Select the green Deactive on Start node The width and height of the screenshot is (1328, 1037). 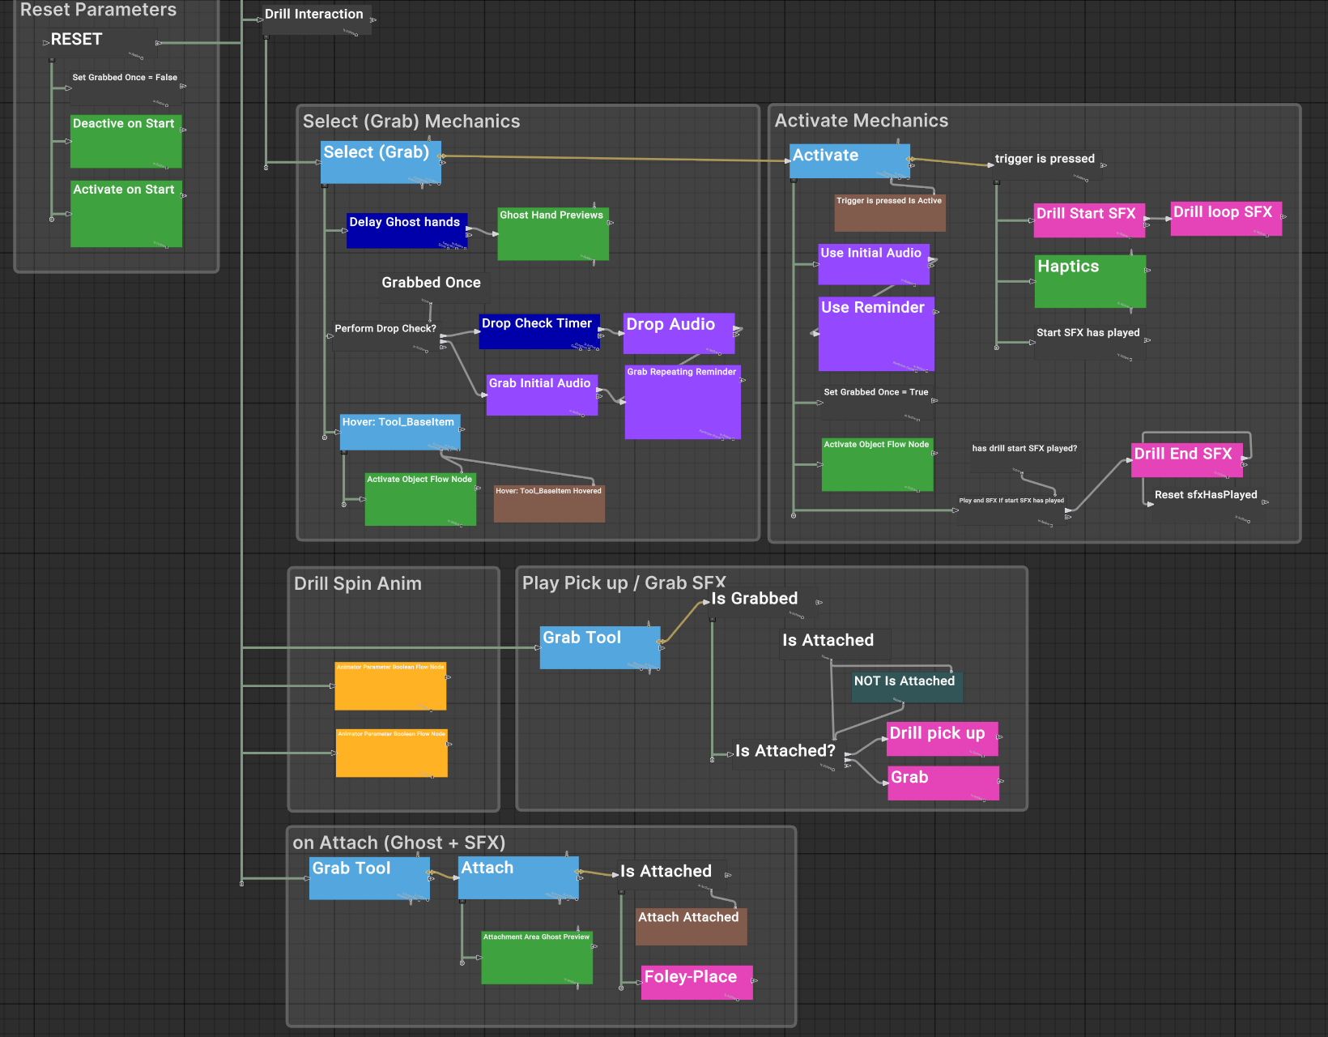pyautogui.click(x=126, y=142)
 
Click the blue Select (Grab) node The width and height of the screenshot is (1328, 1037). pyautogui.click(x=380, y=162)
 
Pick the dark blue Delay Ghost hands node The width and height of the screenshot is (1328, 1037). pyautogui.click(x=406, y=231)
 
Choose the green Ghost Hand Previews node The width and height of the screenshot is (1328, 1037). pyautogui.click(x=552, y=235)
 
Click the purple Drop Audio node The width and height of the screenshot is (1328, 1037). pyautogui.click(x=679, y=333)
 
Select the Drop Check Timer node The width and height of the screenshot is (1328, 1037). pyautogui.click(x=538, y=331)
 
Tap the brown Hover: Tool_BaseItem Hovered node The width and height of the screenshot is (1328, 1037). pyautogui.click(x=549, y=503)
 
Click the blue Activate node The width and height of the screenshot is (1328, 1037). pyautogui.click(x=849, y=160)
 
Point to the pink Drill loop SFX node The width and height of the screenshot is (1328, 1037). pyautogui.click(x=1225, y=219)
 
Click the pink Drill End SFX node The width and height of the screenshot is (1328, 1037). pyautogui.click(x=1185, y=460)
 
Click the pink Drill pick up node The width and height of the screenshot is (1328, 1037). pyautogui.click(x=942, y=738)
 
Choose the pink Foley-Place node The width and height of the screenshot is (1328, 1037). pyautogui.click(x=696, y=982)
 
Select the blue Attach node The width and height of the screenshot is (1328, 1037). pyautogui.click(x=517, y=877)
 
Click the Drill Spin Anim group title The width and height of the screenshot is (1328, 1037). pyautogui.click(x=357, y=583)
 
